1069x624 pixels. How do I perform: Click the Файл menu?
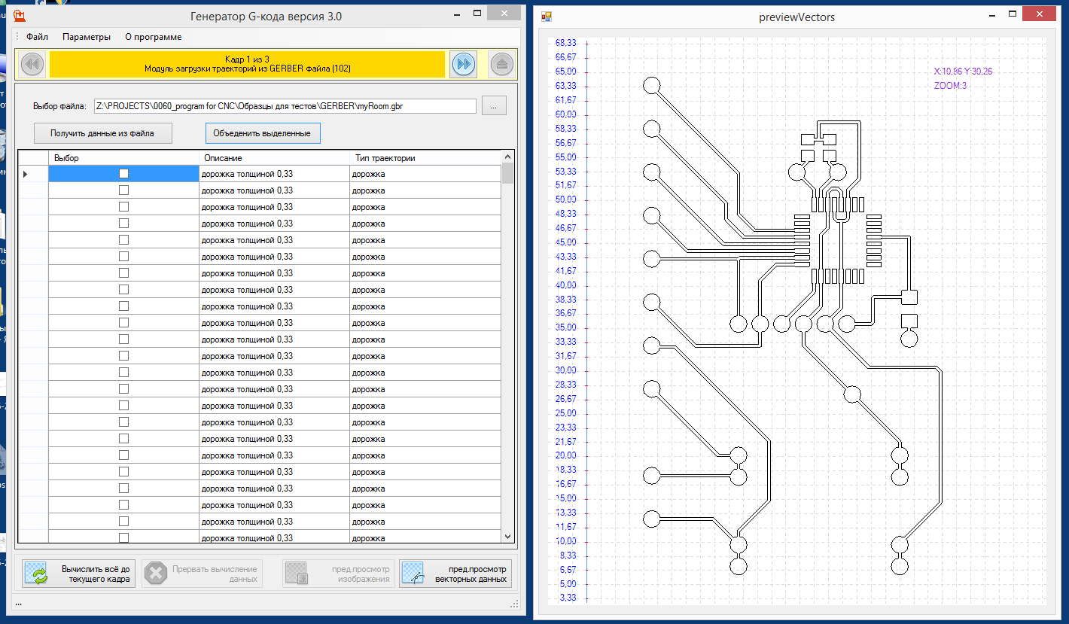[x=37, y=37]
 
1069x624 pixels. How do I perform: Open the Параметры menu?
[x=87, y=37]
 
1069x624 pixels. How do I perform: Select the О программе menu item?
[x=153, y=37]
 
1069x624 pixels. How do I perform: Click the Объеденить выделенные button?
[x=263, y=133]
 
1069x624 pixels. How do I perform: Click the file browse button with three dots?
[x=494, y=106]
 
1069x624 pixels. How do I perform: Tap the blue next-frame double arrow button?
[x=464, y=65]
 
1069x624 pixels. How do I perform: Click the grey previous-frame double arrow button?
[x=32, y=65]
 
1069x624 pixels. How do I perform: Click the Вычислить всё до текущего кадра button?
[x=79, y=574]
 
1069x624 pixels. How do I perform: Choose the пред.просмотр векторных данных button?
[x=455, y=574]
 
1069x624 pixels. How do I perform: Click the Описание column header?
[x=223, y=158]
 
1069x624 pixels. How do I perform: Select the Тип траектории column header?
[x=385, y=158]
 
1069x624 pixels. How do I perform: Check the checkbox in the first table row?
[x=123, y=174]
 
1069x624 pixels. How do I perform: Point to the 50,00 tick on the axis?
[x=565, y=199]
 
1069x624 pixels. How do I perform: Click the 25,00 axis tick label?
[x=565, y=413]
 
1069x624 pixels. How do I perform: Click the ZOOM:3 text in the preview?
[x=950, y=86]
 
